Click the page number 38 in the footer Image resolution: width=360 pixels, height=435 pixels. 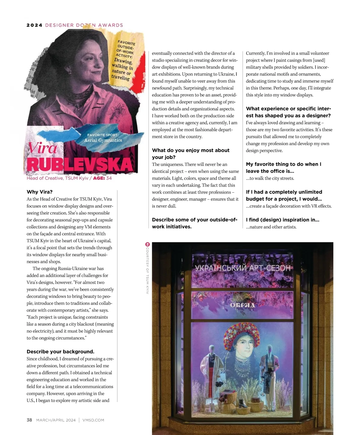coord(29,420)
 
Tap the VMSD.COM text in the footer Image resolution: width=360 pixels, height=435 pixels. coord(93,420)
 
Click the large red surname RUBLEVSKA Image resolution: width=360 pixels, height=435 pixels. coord(79,164)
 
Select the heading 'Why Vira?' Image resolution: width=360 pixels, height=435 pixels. coord(40,192)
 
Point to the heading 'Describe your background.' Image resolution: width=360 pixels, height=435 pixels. coord(60,352)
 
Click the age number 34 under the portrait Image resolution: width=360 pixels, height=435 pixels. coord(109,178)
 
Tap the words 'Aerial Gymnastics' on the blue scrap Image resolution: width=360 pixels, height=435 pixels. coord(103,140)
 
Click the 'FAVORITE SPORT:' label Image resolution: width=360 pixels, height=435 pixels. coord(103,135)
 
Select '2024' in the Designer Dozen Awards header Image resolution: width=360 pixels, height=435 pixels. coord(34,25)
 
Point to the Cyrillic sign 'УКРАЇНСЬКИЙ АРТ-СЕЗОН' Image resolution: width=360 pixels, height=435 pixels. coord(242,268)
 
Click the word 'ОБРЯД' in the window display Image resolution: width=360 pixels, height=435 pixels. coord(242,305)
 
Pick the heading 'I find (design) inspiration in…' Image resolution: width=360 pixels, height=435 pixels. coord(282,220)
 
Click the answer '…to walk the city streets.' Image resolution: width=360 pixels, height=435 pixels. coord(270,178)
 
